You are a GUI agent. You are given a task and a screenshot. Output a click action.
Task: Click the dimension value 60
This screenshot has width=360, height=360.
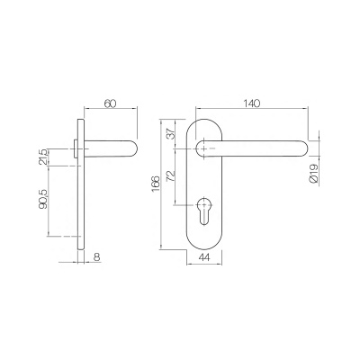110,104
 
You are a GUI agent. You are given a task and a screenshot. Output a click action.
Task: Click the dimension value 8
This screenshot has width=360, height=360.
98,256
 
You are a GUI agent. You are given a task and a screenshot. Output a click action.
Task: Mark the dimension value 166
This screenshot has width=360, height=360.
157,184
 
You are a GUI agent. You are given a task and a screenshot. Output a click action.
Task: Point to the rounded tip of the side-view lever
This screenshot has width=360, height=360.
133,146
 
